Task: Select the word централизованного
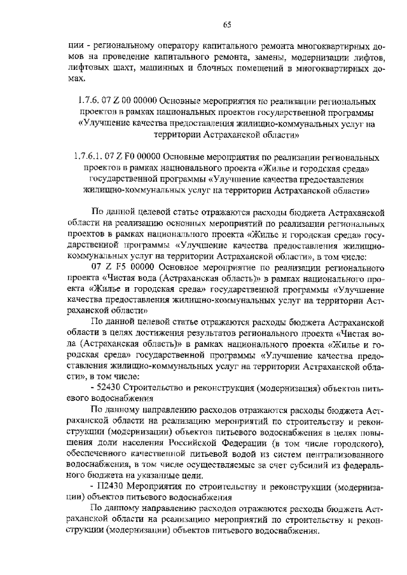pos(345,453)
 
